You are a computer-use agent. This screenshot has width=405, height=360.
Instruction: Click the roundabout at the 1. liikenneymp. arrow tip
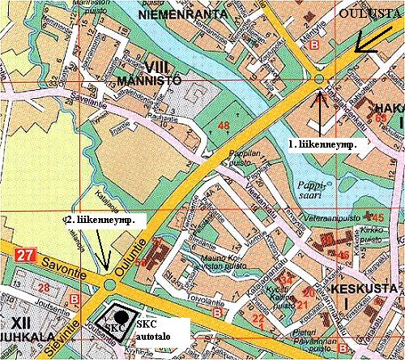(x=320, y=79)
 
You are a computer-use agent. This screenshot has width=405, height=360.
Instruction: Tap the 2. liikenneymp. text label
(x=99, y=220)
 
